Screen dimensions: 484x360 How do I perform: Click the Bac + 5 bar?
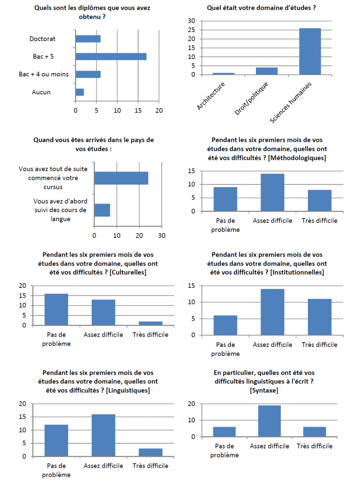111,57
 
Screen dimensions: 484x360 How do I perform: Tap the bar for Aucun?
79,92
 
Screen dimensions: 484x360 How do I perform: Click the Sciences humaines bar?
310,51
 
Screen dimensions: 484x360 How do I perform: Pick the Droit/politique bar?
266,71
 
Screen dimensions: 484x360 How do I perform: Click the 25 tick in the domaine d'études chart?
192,30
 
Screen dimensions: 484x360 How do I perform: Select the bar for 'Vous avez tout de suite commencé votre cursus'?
121,178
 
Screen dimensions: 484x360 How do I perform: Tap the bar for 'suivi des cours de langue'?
102,210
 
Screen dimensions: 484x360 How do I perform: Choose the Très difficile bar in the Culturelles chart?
150,323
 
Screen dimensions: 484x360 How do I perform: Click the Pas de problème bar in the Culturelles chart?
56,309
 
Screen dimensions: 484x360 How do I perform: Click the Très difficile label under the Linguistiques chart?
150,466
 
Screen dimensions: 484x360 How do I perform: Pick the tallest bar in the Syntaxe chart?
269,421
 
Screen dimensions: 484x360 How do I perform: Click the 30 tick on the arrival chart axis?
162,235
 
